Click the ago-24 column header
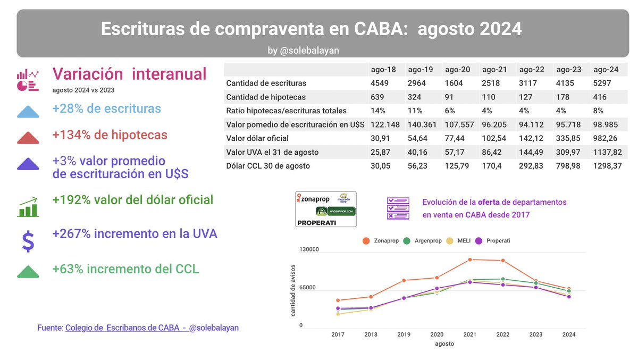[606, 70]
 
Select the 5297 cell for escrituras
[603, 83]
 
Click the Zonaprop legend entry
[381, 241]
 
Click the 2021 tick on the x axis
[469, 334]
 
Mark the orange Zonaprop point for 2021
[470, 259]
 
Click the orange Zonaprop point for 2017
[338, 300]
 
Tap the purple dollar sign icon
[28, 241]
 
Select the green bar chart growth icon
[28, 207]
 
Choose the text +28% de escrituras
[106, 108]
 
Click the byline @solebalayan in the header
[304, 50]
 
